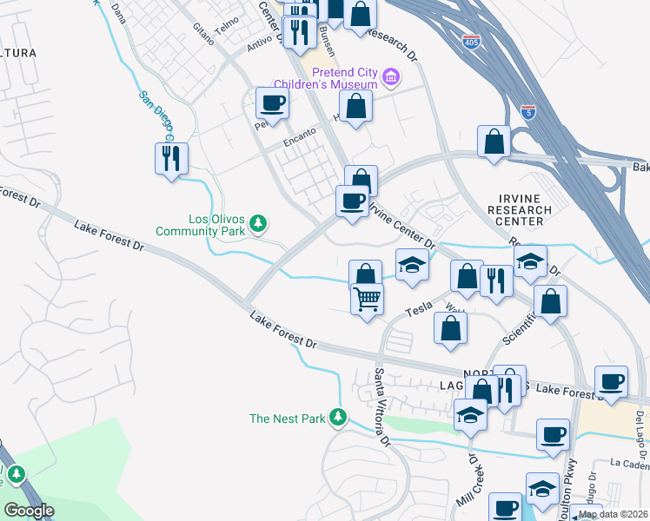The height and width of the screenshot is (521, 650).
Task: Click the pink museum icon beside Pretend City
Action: point(391,78)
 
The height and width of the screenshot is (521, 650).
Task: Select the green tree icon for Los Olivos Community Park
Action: point(257,224)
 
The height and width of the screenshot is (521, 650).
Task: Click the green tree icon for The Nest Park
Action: point(339,419)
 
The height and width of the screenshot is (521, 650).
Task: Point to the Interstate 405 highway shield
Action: point(471,43)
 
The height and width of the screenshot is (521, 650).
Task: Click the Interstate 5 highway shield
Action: point(529,112)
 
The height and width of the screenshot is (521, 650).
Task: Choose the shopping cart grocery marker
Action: point(368,299)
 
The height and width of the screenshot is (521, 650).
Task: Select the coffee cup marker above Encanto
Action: point(272,103)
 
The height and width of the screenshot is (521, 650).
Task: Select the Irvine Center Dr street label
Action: point(401,223)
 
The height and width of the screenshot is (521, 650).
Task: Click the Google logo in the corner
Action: point(29,511)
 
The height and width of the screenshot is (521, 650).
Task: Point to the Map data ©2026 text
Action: point(614,514)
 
